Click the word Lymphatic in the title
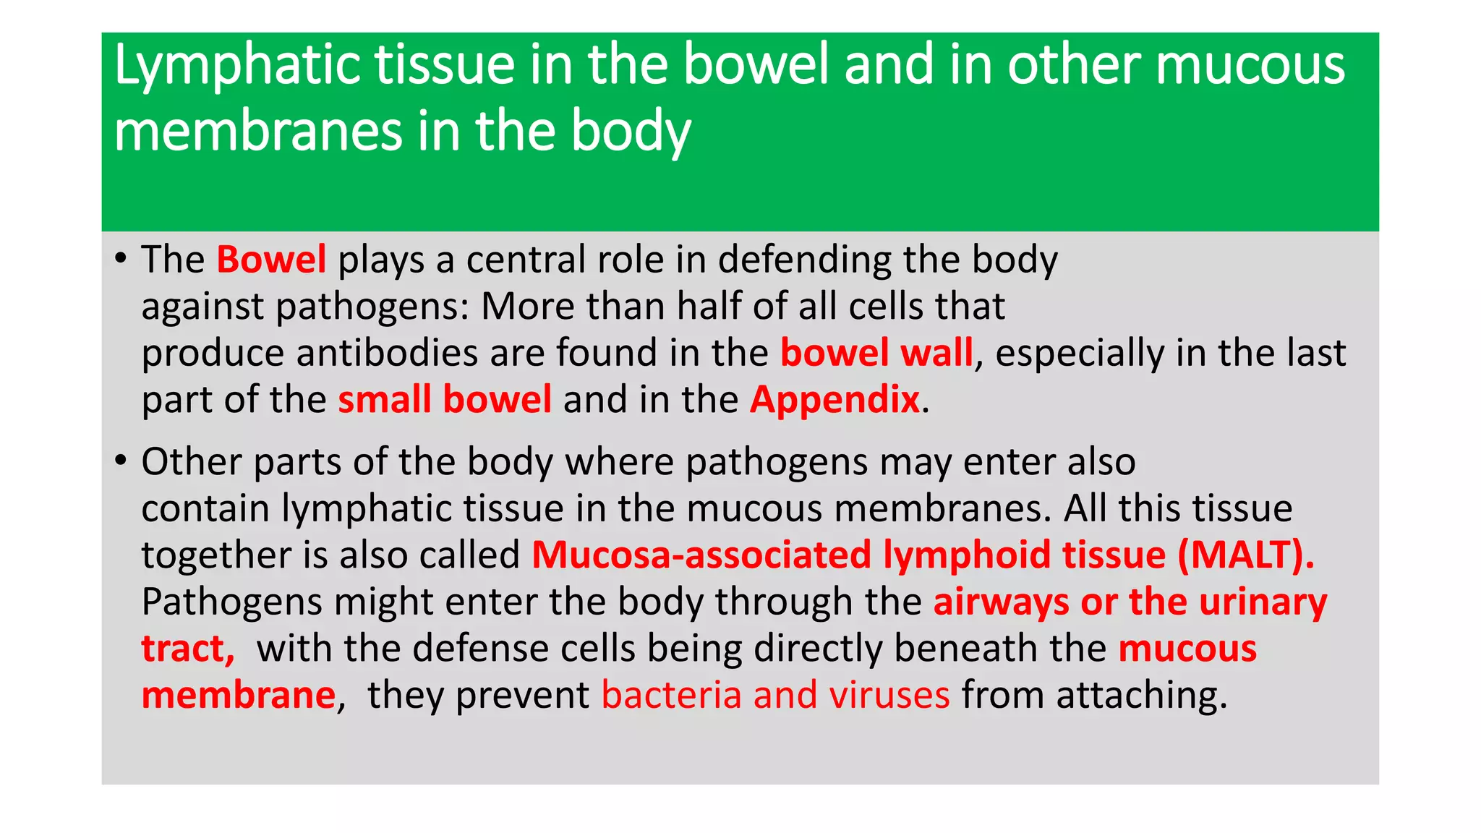238,66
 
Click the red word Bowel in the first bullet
271,260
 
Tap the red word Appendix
835,400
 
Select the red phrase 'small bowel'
445,400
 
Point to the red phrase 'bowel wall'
876,354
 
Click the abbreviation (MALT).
1245,555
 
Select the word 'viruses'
889,695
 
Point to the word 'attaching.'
1142,696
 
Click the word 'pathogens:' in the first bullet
372,307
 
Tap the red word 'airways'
1001,602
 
